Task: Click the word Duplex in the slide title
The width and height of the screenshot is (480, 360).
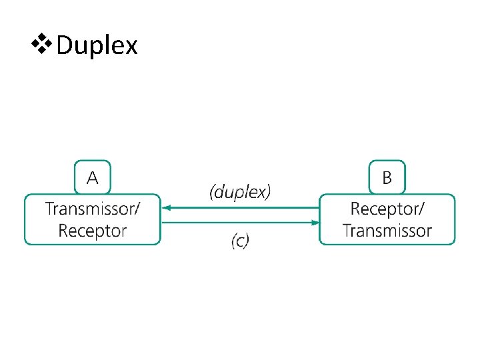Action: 97,46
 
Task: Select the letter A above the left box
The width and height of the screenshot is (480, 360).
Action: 93,177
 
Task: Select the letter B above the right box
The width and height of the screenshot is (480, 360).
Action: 387,178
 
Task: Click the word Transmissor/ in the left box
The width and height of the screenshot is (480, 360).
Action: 93,209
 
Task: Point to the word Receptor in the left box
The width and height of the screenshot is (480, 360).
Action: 93,231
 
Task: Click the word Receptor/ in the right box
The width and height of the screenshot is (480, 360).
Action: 387,209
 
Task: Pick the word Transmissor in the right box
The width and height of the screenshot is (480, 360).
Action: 387,231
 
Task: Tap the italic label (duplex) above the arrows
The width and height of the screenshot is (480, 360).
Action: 240,193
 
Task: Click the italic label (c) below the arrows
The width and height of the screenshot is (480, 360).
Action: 240,241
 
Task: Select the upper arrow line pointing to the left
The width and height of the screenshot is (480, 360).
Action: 240,207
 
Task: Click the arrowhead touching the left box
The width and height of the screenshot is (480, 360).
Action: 167,207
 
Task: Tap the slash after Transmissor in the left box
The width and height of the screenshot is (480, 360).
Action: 137,209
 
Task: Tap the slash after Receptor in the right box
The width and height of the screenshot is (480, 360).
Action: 420,209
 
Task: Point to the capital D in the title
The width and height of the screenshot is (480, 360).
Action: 65,46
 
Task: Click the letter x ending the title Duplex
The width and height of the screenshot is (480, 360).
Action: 131,47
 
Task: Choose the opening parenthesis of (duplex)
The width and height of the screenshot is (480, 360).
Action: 212,193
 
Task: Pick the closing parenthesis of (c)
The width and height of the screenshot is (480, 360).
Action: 247,241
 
